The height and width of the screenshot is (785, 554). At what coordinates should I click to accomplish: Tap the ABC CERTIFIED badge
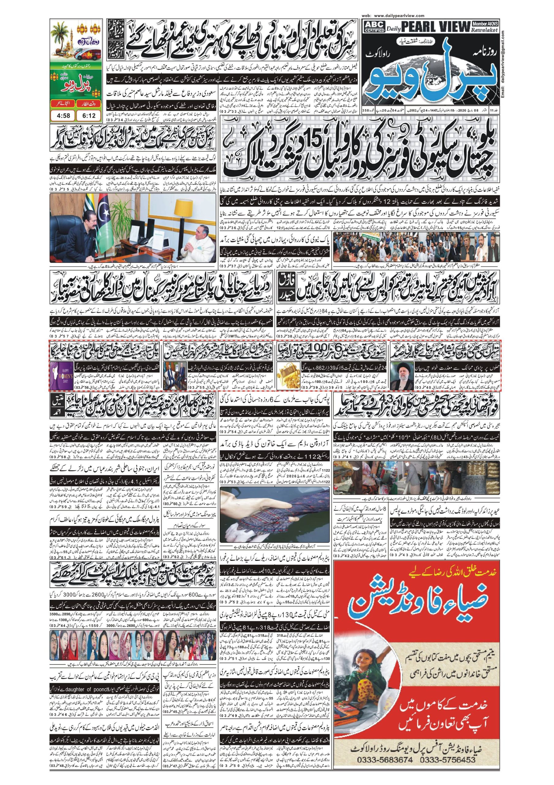(375, 26)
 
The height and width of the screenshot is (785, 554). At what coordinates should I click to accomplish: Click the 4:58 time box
(63, 116)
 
